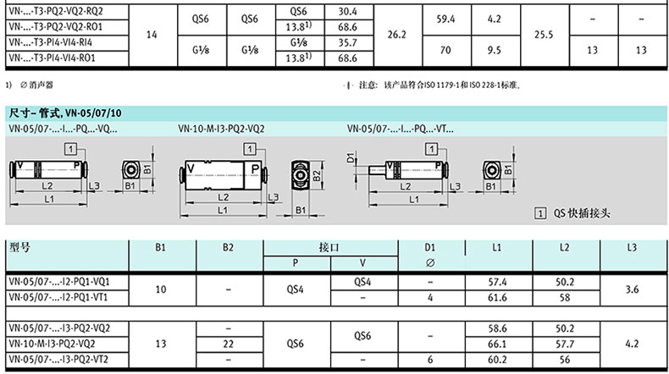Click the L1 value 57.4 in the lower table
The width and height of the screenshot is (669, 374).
tap(497, 282)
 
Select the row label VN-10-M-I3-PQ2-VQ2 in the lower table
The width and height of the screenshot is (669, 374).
tap(52, 344)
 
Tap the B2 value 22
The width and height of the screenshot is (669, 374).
tap(229, 344)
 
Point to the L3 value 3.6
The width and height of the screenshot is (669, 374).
tap(632, 289)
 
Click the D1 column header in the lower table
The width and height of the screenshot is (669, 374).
tap(429, 247)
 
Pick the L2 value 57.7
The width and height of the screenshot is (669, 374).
tap(565, 344)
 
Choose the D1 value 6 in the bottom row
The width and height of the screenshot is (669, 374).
tap(430, 360)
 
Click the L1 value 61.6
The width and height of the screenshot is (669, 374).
tap(497, 297)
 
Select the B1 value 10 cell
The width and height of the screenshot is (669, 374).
tap(161, 289)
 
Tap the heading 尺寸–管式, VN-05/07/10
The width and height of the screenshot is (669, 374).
tap(65, 113)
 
